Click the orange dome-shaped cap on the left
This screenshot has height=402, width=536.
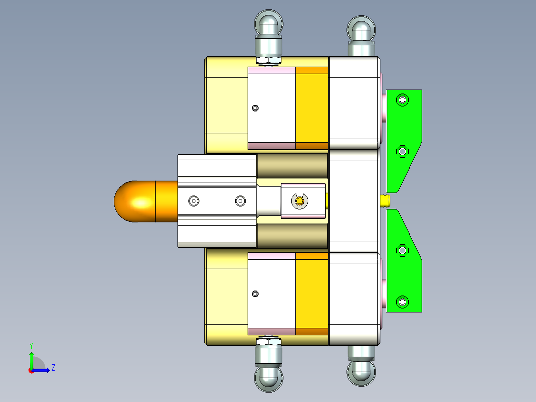[x=134, y=201]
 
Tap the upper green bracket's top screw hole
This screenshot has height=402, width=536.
[x=402, y=100]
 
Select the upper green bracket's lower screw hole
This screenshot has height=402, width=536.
[x=402, y=151]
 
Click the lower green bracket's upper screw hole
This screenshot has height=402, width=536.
[x=402, y=251]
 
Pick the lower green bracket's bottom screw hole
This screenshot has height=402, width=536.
[x=402, y=301]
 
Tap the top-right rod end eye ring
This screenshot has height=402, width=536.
[x=361, y=28]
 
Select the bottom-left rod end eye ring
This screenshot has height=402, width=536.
[x=269, y=379]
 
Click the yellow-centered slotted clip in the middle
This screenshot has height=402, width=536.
[x=299, y=201]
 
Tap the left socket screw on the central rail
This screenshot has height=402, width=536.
[x=193, y=201]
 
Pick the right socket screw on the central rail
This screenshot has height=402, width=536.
[x=240, y=201]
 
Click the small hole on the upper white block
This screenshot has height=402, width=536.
[x=256, y=108]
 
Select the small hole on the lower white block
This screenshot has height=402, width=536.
[x=256, y=294]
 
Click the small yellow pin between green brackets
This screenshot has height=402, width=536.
[x=385, y=201]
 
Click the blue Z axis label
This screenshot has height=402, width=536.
[x=53, y=368]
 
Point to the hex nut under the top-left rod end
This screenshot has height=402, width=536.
[x=268, y=61]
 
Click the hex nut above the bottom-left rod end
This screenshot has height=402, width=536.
[x=268, y=341]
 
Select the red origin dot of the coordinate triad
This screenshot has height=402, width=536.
[x=31, y=370]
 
